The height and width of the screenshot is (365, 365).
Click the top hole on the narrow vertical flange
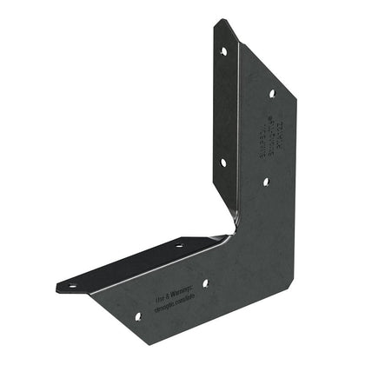[223, 51]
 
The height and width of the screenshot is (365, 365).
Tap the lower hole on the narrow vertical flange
[223, 162]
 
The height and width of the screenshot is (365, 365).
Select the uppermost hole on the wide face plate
[272, 93]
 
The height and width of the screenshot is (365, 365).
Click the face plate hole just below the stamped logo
[266, 182]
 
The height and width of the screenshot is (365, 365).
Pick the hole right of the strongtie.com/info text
[206, 282]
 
